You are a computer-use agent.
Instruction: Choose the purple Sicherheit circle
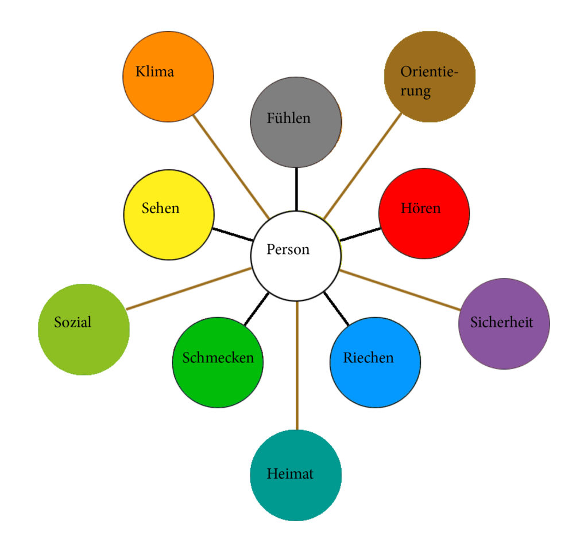pos(504,324)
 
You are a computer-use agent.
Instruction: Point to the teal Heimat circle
pos(296,475)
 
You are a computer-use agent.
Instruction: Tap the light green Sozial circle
pos(84,330)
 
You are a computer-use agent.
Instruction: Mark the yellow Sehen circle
pos(169,214)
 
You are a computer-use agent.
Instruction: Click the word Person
pos(288,249)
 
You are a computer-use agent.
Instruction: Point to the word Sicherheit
pos(501,322)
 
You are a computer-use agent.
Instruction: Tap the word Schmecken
pos(218,358)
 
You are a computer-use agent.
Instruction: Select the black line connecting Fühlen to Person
pos(296,189)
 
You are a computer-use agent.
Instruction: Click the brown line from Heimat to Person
pos(297,367)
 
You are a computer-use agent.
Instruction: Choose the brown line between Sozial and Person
pos(189,288)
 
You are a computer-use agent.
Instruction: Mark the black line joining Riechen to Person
pos(336,309)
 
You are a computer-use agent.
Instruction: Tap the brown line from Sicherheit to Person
pos(402,290)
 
